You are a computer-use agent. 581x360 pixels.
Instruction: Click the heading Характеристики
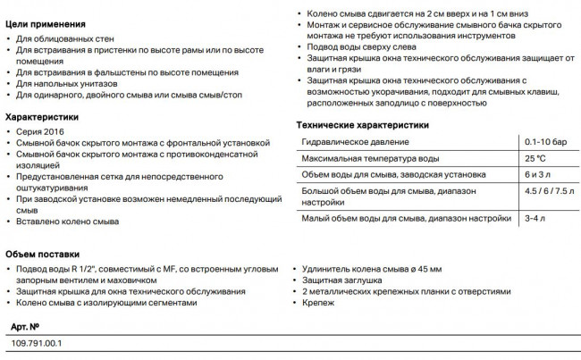point(42,116)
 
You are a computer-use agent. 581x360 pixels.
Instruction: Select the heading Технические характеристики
point(363,125)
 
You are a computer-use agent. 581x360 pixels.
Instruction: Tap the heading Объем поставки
point(43,253)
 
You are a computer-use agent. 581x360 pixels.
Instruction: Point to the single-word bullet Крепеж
point(318,303)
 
